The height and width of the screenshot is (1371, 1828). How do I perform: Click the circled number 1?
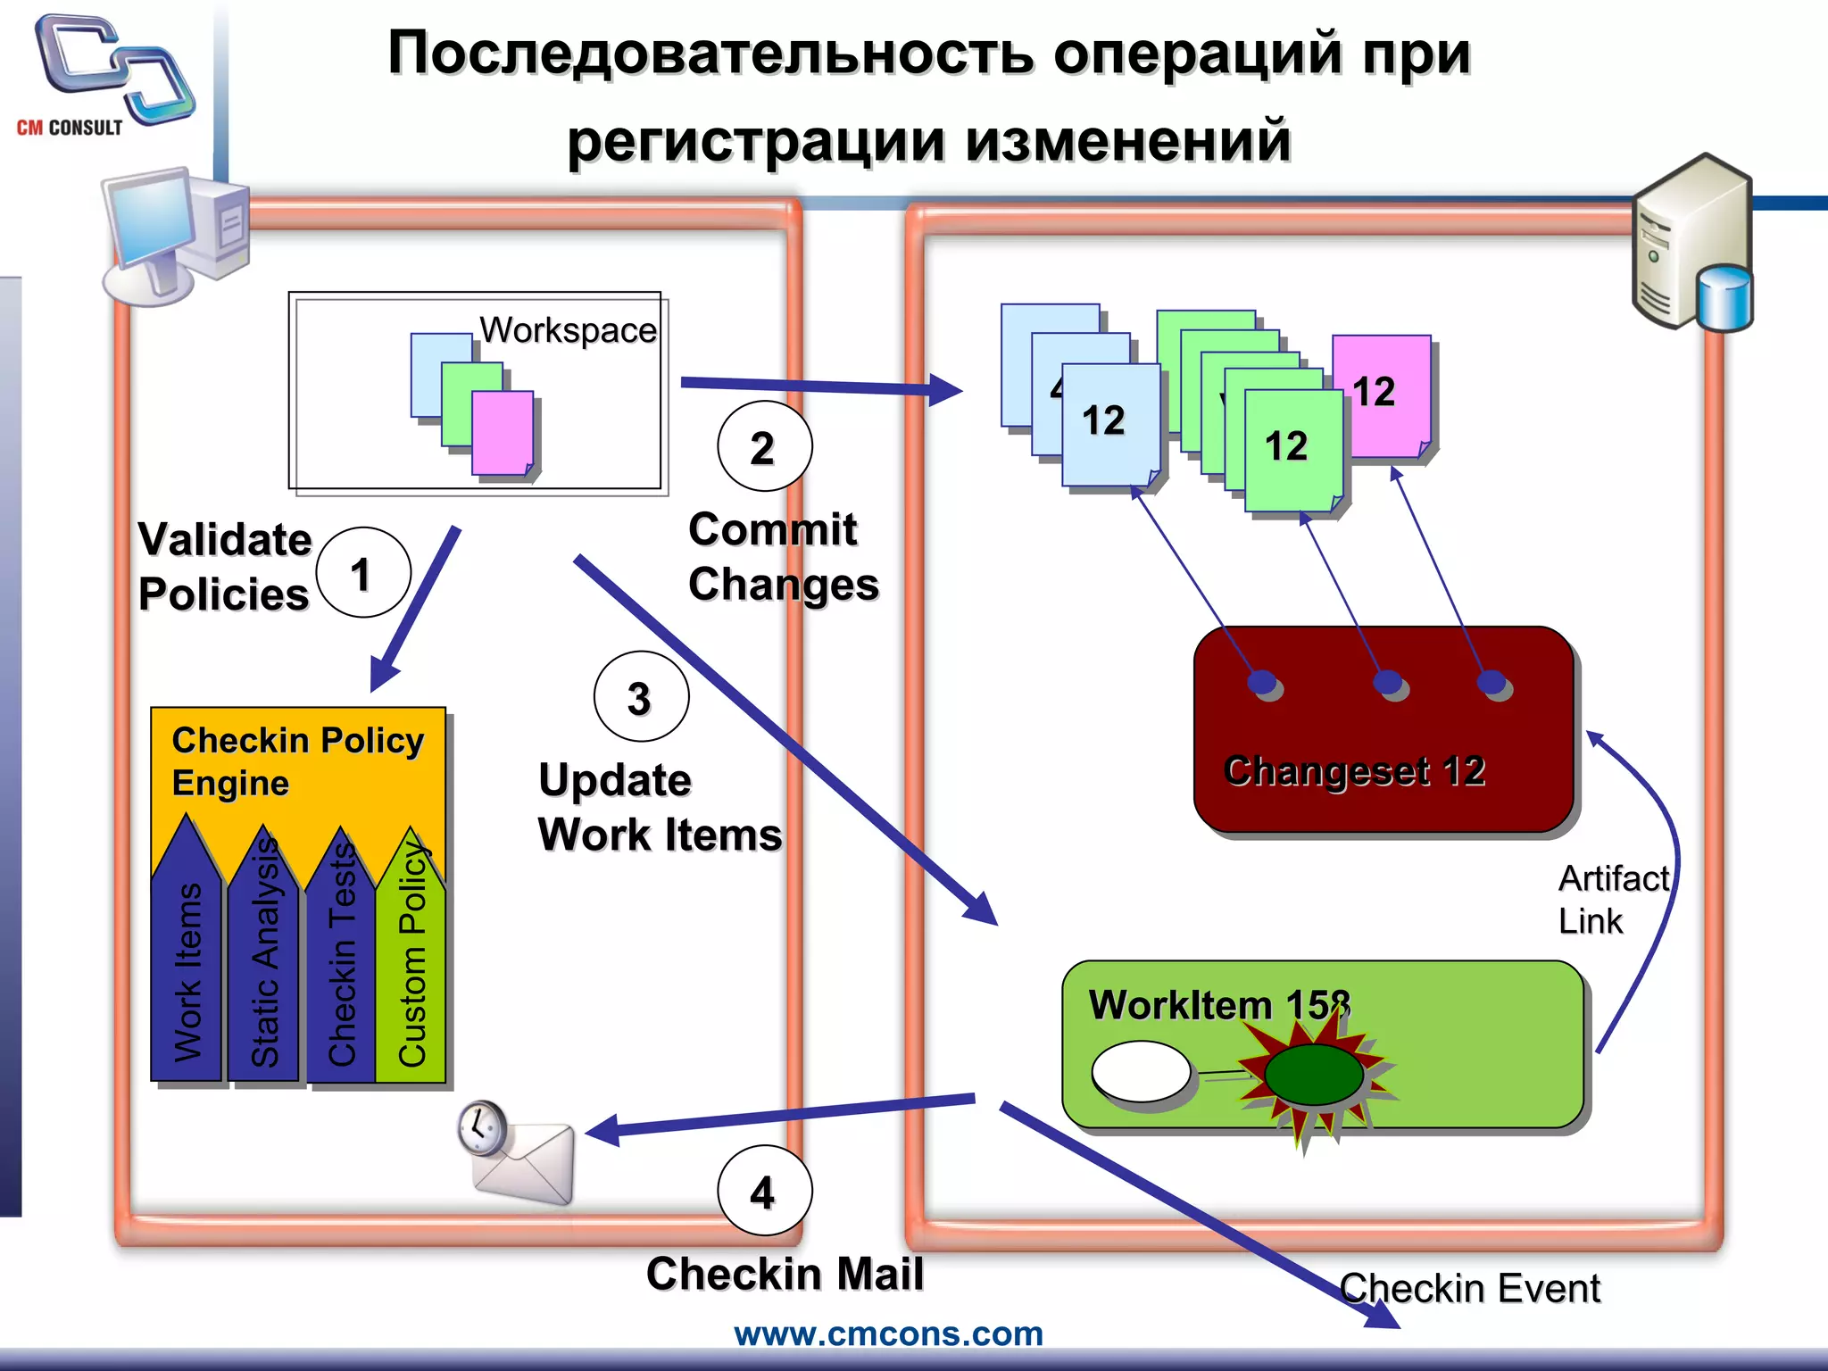point(362,573)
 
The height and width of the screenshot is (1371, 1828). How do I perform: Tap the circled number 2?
point(764,446)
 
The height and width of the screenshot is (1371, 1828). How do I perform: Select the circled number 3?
point(641,697)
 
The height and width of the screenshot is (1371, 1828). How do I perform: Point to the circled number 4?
point(764,1192)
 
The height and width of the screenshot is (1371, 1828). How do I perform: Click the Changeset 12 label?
point(1354,770)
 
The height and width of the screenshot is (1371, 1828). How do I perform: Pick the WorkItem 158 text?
point(1219,1005)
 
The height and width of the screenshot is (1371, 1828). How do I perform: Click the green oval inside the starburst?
point(1313,1075)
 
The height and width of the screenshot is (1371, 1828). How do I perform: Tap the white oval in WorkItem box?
point(1141,1071)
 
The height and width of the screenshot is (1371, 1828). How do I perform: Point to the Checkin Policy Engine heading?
point(296,761)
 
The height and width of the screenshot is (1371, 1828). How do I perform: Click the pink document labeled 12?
point(1381,395)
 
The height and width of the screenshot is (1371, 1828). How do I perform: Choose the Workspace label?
point(568,330)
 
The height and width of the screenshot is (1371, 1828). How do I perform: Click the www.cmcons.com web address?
point(888,1334)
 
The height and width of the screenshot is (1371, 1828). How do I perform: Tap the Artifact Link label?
point(1611,900)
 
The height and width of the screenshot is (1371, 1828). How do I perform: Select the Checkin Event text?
point(1469,1289)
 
